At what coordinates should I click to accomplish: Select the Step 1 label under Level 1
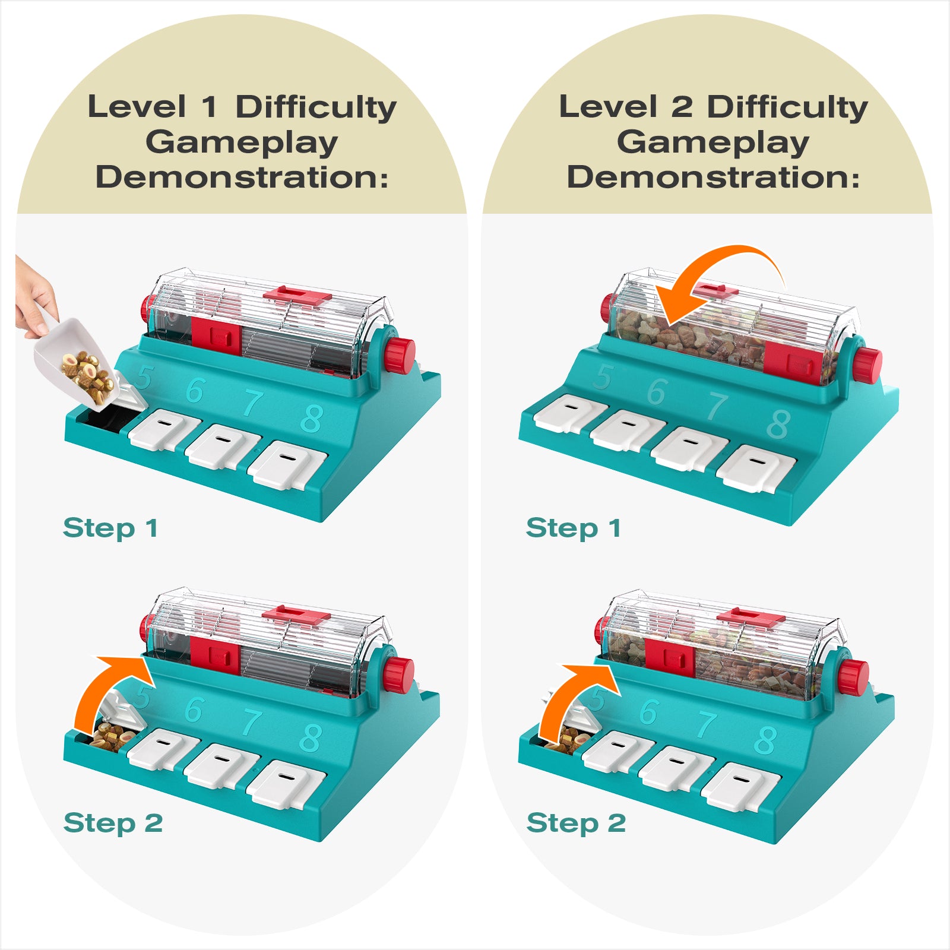(110, 528)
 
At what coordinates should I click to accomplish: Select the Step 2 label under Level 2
(575, 823)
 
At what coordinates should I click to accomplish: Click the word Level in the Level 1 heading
(137, 107)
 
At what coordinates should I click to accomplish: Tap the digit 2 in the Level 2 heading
(682, 107)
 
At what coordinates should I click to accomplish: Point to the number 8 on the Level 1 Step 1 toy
(311, 419)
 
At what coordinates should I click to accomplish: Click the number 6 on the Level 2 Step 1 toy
(657, 392)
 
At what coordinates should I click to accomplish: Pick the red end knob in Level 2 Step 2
(853, 677)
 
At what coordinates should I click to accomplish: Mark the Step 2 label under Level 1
(113, 823)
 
